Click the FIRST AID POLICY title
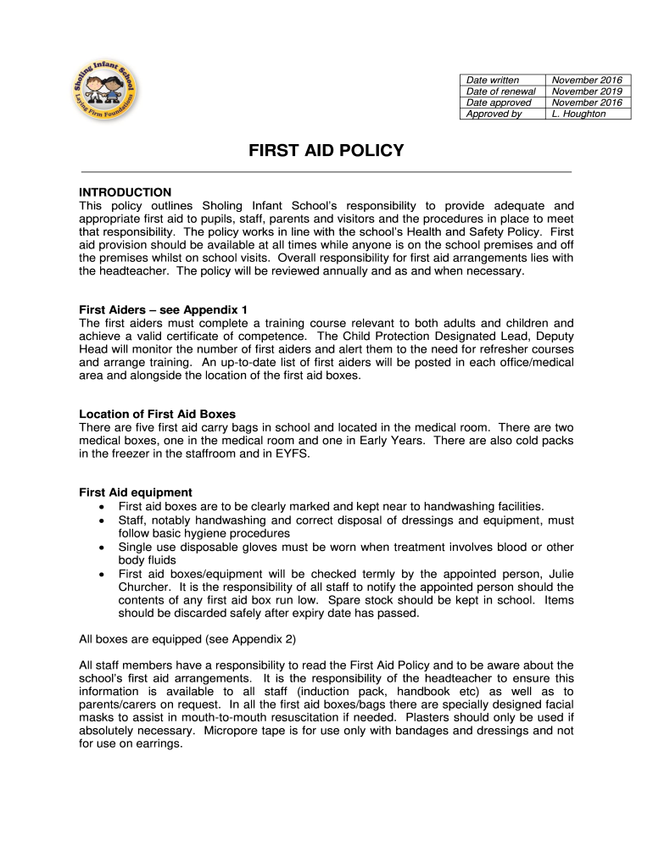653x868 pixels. click(x=326, y=151)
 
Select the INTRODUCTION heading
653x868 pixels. click(x=125, y=192)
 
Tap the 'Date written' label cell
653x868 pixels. click(x=493, y=81)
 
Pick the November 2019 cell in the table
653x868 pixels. click(x=587, y=92)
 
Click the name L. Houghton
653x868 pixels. click(x=578, y=114)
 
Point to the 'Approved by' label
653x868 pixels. click(x=494, y=114)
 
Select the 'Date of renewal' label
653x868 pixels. click(x=500, y=92)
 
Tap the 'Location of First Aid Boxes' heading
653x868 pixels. click(x=157, y=415)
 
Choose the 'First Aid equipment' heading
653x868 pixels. click(x=136, y=492)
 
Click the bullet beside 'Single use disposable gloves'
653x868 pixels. click(x=102, y=547)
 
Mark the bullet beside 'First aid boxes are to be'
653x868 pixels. click(x=102, y=506)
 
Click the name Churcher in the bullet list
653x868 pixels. click(x=146, y=587)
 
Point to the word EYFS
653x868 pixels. click(x=293, y=454)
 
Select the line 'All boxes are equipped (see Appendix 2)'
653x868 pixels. click(x=187, y=638)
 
